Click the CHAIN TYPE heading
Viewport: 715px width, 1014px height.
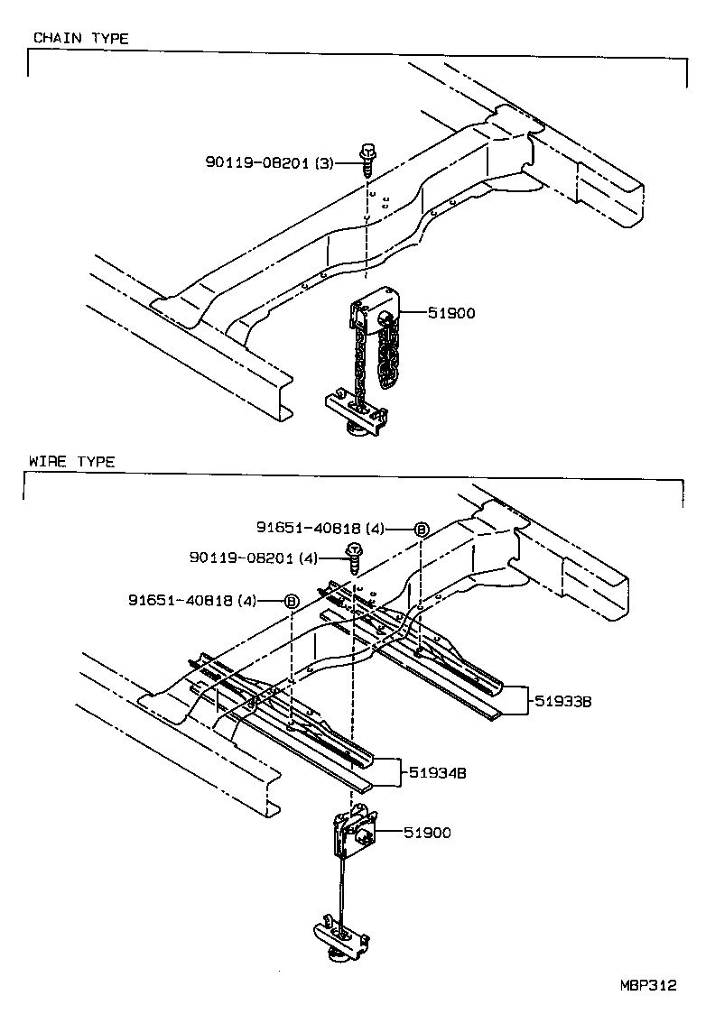(x=80, y=38)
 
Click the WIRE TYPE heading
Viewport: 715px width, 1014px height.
(x=72, y=461)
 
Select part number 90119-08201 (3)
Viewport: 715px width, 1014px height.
(x=269, y=162)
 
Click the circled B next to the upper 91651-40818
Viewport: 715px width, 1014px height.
(x=420, y=529)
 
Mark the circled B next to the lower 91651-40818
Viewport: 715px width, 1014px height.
(x=291, y=600)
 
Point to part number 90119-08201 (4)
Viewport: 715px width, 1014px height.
(x=254, y=558)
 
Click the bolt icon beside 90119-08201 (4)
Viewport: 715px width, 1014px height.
(x=355, y=557)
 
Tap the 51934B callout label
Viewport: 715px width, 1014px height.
(x=437, y=772)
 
